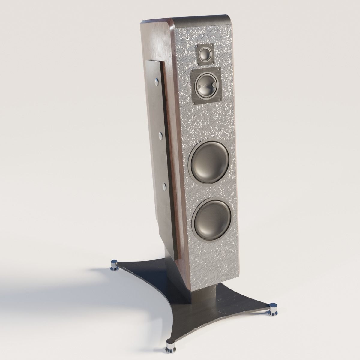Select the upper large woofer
210,163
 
